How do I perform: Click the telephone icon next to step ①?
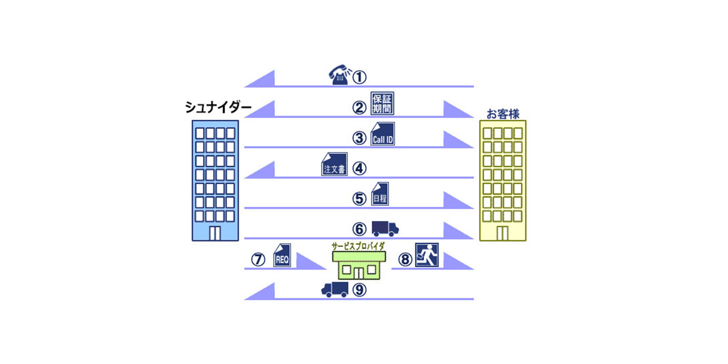tap(338, 75)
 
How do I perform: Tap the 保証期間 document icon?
tap(382, 103)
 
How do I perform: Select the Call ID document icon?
tap(382, 134)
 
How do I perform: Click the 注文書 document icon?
tap(334, 164)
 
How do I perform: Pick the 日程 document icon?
tap(380, 195)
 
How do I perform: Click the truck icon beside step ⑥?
tap(385, 228)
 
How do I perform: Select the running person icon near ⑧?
tap(427, 255)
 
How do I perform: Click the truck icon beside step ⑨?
tap(334, 289)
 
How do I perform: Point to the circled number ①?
tap(359, 78)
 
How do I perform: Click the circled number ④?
tap(359, 168)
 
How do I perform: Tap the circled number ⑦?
tap(257, 260)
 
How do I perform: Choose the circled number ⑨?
tap(359, 290)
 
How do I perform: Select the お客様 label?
tap(503, 113)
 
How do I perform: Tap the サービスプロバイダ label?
tap(359, 246)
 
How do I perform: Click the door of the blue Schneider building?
tap(215, 233)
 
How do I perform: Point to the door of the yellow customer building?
tap(502, 233)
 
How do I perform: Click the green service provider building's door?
tap(359, 273)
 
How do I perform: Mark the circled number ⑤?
tap(359, 199)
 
